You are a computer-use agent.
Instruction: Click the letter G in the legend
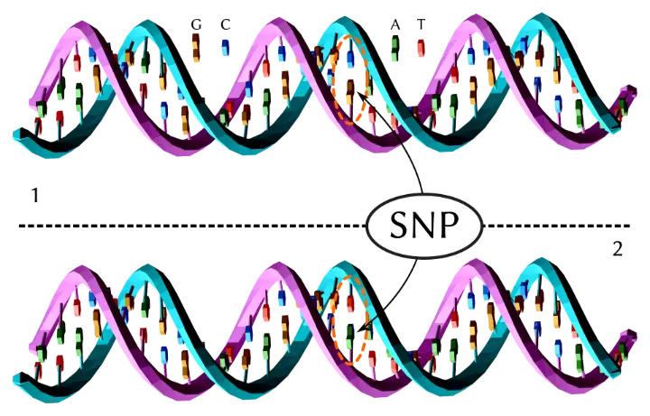click(x=196, y=25)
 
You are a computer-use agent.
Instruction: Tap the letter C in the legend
click(x=225, y=25)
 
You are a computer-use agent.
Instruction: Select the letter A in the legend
click(x=395, y=25)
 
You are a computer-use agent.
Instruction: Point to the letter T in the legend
click(x=422, y=25)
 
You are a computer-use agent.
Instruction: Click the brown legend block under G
click(x=196, y=47)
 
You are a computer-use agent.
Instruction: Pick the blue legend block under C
click(x=226, y=48)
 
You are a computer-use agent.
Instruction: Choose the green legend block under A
click(x=395, y=48)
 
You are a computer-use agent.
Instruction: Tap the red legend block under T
click(x=421, y=48)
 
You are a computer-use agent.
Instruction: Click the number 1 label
click(x=35, y=195)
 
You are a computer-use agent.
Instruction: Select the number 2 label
click(x=617, y=249)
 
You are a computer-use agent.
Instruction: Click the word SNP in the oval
click(x=424, y=226)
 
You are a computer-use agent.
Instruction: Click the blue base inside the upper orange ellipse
click(x=350, y=59)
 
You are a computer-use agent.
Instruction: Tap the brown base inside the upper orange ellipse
click(x=350, y=88)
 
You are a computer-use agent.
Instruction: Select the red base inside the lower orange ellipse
click(x=350, y=303)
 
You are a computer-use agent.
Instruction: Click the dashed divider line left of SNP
click(x=192, y=226)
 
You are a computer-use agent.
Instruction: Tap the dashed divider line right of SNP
click(x=557, y=226)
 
